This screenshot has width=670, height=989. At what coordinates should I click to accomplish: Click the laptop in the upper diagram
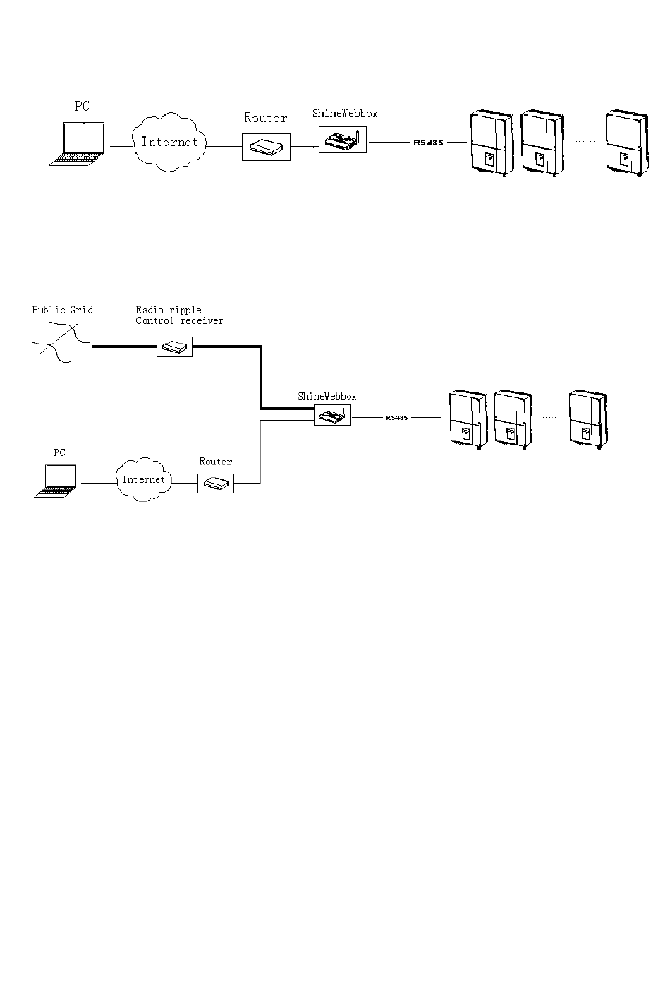point(78,145)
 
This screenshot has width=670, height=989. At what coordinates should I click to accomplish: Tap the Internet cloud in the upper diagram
point(169,142)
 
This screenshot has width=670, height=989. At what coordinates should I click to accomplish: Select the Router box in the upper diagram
point(266,147)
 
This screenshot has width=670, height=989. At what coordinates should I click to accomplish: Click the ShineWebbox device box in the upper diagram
point(343,140)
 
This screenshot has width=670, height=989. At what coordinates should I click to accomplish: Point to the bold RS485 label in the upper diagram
point(428,143)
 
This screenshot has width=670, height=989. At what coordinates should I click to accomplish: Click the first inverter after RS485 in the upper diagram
point(492,143)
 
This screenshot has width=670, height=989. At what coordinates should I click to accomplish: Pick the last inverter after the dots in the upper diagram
point(626,143)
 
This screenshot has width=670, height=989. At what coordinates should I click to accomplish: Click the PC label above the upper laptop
point(82,106)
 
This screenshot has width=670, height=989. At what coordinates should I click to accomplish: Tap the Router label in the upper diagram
point(265,118)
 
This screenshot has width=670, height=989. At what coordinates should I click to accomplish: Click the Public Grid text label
point(63,310)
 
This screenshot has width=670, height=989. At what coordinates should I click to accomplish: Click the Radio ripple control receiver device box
point(175,347)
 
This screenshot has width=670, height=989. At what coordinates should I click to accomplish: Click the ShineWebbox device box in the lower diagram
point(332,415)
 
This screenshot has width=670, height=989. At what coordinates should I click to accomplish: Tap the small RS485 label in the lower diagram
point(397,418)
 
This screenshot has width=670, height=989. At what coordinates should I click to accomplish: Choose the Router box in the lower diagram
point(216,484)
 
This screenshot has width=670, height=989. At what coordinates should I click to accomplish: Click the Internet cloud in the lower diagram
point(143,479)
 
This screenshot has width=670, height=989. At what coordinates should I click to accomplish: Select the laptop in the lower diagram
point(56,481)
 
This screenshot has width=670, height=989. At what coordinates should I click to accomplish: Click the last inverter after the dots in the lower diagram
point(588,419)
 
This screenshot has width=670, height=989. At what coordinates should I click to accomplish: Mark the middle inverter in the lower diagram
point(513,419)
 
